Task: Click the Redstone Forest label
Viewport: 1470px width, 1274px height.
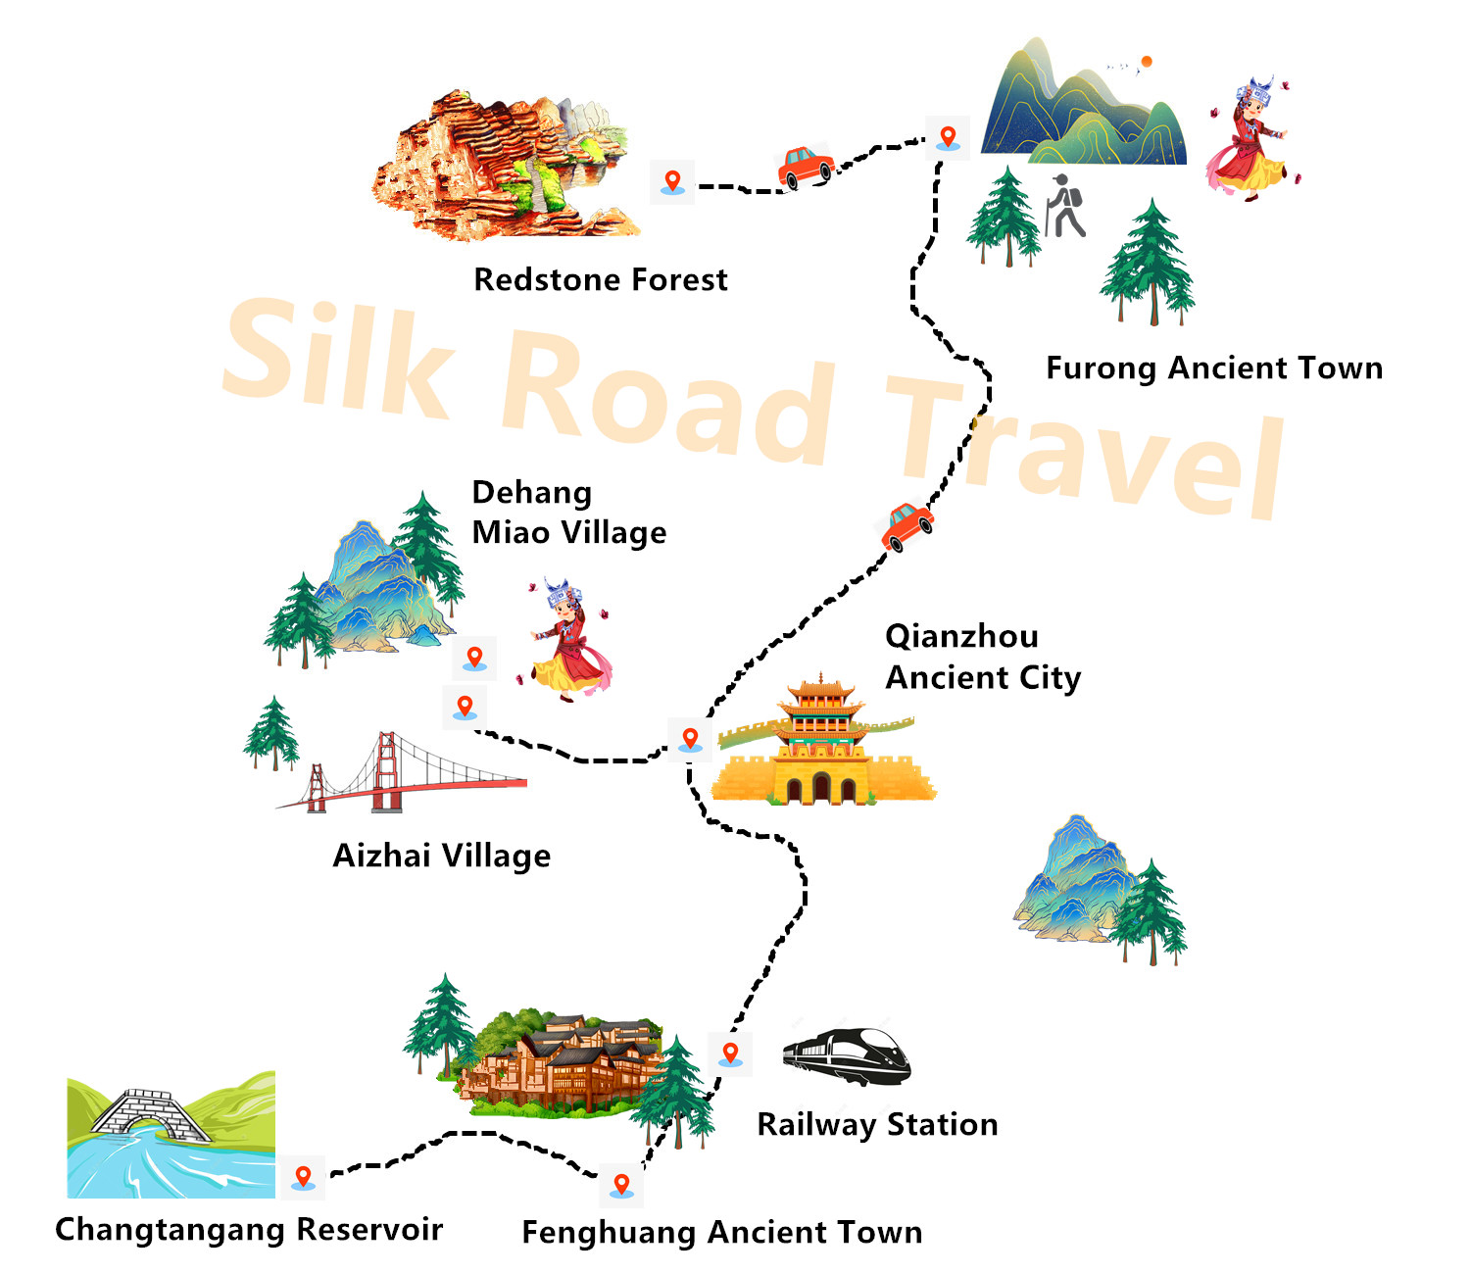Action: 600,280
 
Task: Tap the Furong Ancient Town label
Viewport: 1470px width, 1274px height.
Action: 1213,368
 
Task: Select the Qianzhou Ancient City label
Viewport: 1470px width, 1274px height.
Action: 982,657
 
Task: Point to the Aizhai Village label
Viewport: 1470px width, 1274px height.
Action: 441,856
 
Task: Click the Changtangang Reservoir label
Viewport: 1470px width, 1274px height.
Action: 249,1230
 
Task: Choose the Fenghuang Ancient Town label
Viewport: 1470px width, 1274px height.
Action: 721,1233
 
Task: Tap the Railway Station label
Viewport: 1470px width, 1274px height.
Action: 877,1124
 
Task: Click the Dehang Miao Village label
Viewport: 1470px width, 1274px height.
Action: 568,513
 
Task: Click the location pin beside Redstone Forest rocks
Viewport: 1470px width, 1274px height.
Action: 672,181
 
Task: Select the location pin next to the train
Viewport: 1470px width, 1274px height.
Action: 730,1053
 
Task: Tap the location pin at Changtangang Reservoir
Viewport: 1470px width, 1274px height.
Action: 303,1177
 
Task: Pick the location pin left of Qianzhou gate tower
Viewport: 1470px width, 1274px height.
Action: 690,738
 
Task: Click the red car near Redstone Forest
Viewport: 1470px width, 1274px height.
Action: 806,167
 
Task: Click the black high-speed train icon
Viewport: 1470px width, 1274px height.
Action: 847,1056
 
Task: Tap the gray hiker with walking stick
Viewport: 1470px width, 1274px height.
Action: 1065,207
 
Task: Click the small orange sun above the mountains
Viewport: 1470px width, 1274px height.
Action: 1146,62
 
